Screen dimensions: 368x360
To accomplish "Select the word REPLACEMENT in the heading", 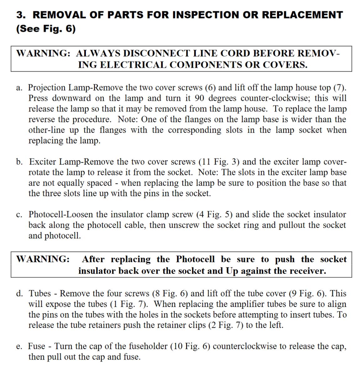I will pos(302,15).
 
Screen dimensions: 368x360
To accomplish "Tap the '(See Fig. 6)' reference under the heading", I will pos(46,29).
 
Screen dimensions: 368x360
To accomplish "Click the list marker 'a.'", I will pos(19,88).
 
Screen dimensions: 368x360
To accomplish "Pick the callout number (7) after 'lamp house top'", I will pos(339,88).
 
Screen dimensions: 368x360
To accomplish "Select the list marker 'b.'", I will pos(20,162).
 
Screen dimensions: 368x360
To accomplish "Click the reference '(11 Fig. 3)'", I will pos(219,162).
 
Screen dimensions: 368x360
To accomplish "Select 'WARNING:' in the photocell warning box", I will pos(43,259).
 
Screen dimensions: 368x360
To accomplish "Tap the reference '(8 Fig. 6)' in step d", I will pos(170,294).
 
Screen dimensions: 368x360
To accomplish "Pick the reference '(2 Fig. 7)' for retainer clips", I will pos(226,325).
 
